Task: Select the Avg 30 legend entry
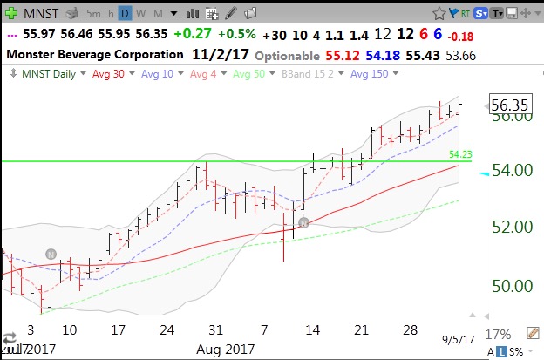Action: pos(105,74)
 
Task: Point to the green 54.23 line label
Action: pos(459,154)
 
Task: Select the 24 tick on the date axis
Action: pos(167,330)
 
